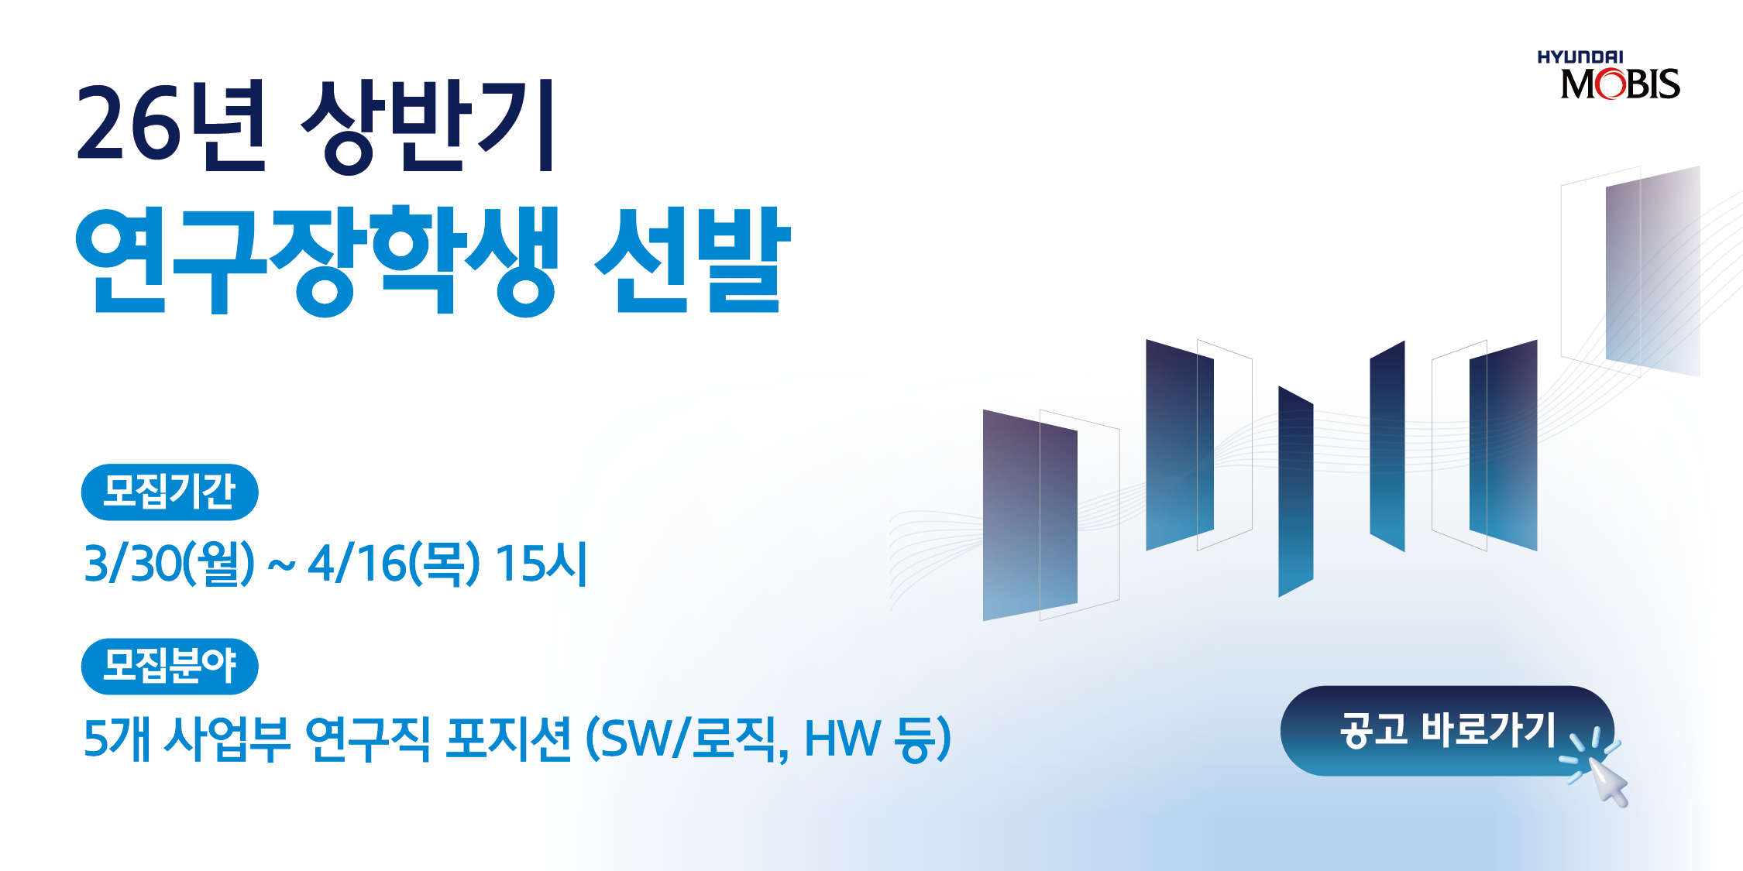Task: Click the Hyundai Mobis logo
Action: (x=1608, y=75)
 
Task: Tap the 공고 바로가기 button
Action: (x=1447, y=730)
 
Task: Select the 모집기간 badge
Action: (x=170, y=492)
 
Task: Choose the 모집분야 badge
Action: (x=170, y=666)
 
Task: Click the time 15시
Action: (x=541, y=563)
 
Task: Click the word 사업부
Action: (x=227, y=738)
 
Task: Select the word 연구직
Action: (x=368, y=738)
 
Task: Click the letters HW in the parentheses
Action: (x=843, y=738)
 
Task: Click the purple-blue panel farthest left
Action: (x=1030, y=515)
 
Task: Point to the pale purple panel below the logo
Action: (x=1653, y=271)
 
